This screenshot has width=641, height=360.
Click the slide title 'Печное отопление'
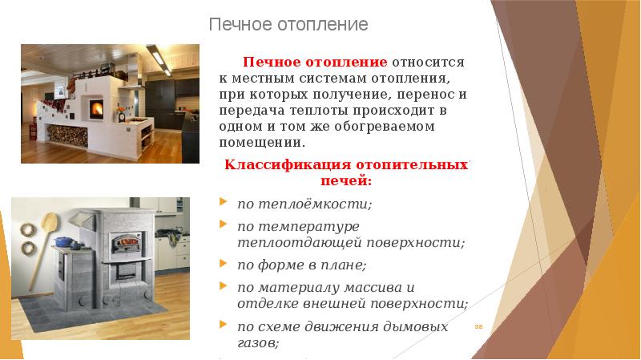288,25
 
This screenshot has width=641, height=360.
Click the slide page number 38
479,327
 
